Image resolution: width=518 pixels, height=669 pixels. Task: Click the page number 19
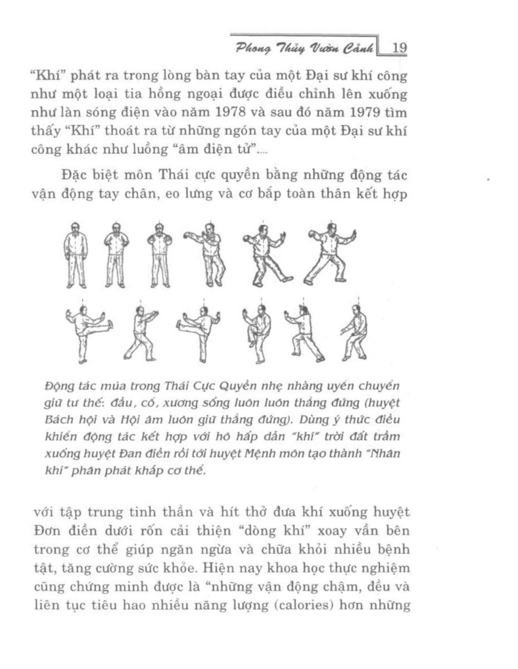click(x=399, y=48)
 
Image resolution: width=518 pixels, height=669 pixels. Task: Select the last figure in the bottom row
click(x=354, y=333)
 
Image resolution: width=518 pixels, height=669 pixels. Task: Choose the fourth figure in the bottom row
click(x=257, y=333)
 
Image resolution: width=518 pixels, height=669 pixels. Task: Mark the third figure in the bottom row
click(x=199, y=333)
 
